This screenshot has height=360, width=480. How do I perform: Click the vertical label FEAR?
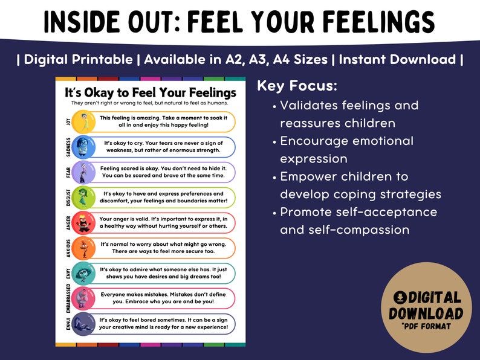coord(68,173)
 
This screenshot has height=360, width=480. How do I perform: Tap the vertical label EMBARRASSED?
coord(68,298)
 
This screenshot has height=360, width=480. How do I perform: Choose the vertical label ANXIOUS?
coord(68,248)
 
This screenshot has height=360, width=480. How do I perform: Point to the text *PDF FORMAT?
coord(426,327)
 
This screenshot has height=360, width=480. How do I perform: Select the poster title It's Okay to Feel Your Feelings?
coord(150,92)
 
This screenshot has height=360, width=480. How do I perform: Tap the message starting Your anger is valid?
coord(163,223)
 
